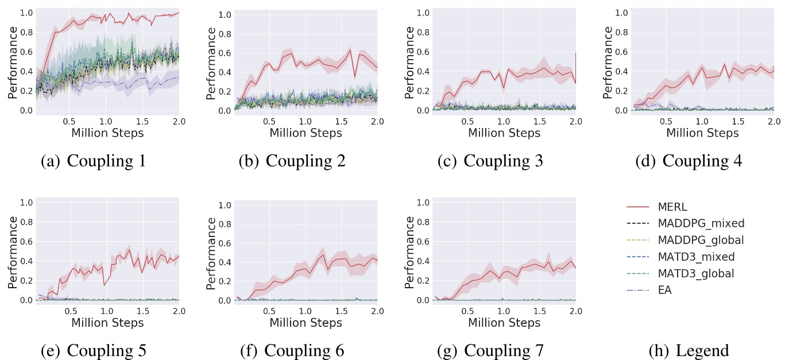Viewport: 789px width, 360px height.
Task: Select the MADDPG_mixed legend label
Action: (x=700, y=223)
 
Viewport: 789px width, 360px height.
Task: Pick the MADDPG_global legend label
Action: (x=701, y=239)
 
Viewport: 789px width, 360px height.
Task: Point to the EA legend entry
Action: (x=666, y=290)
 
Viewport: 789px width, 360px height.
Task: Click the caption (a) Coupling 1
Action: (x=93, y=161)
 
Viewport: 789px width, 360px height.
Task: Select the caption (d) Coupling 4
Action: (x=689, y=161)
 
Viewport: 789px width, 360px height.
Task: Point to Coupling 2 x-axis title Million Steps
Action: (x=305, y=133)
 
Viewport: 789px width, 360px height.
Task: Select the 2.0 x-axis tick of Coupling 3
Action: (x=575, y=122)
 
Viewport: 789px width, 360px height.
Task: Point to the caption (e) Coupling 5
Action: (x=93, y=350)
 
